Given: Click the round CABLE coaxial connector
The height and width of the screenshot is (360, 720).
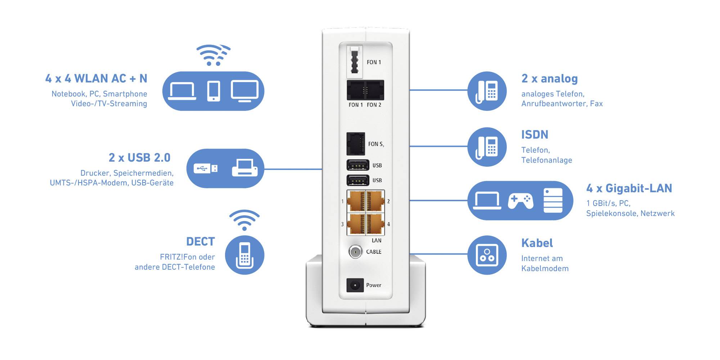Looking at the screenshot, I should (355, 252).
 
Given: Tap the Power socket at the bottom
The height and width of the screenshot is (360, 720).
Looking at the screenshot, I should (355, 285).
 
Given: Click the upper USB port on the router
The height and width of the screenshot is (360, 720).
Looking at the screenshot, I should (358, 165).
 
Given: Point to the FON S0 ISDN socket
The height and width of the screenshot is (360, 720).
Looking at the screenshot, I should (356, 144).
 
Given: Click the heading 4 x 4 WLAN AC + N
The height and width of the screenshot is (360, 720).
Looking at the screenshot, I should (96, 78).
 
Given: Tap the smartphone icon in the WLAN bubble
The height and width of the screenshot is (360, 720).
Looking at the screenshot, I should (213, 91).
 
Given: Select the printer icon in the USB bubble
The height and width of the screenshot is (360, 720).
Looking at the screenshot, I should (244, 168).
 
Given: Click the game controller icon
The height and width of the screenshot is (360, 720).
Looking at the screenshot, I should (521, 201).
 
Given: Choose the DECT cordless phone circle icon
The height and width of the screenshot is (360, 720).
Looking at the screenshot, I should (244, 255).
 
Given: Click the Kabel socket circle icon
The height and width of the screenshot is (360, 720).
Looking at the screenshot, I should (487, 255).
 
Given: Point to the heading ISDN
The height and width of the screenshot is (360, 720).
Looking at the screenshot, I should (535, 135).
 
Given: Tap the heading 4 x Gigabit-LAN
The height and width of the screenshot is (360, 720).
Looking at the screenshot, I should (629, 188).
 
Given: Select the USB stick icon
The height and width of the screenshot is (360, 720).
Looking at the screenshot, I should (206, 168).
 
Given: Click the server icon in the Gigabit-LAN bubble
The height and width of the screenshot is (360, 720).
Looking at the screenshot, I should (553, 201).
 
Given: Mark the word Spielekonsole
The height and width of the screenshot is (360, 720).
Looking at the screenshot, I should (612, 213).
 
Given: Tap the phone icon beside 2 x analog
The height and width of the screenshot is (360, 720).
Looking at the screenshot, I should (487, 91).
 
